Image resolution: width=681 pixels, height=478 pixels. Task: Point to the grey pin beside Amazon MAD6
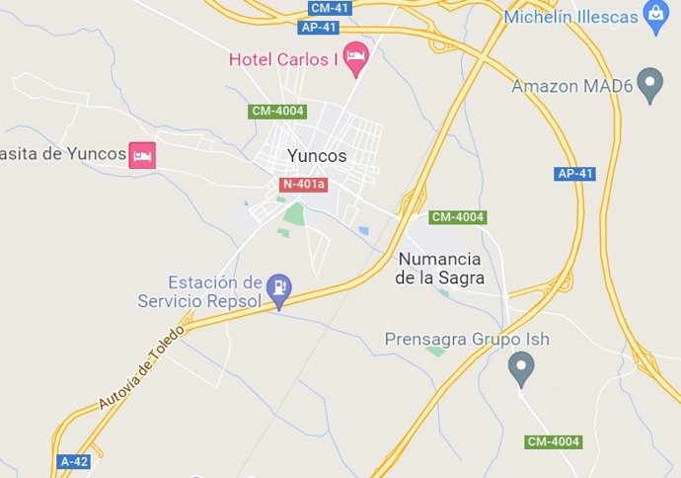649,85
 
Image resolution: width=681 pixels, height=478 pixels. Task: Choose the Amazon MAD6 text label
571,86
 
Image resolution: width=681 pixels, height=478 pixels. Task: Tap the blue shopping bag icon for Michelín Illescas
653,15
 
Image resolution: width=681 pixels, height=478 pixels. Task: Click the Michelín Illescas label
569,17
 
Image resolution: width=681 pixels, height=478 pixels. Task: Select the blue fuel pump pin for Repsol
281,287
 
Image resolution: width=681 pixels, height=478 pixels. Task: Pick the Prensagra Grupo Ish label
466,340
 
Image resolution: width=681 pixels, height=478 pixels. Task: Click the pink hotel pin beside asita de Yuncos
143,155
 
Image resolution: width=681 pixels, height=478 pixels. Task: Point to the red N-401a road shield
303,185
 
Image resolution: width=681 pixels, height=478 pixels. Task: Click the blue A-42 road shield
74,461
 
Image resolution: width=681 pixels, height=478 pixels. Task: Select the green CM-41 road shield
329,8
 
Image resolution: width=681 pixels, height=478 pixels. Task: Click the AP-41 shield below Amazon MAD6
575,174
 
